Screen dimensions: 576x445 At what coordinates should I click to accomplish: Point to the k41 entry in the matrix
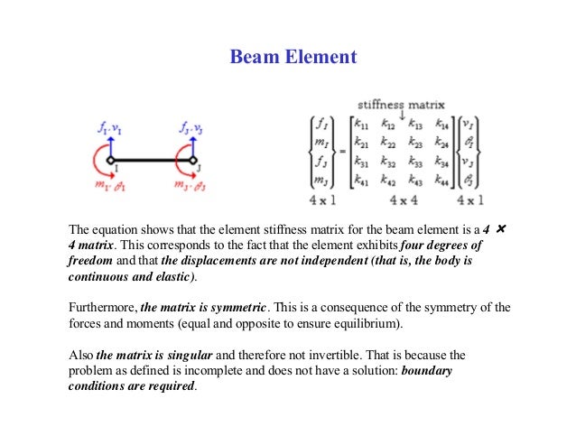coord(362,181)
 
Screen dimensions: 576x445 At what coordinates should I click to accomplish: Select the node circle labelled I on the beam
coord(109,161)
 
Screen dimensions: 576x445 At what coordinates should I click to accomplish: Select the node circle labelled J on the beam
coord(192,161)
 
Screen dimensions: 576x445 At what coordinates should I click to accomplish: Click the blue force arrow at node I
coord(109,145)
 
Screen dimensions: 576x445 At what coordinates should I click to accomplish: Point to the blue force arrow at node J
coord(192,145)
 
